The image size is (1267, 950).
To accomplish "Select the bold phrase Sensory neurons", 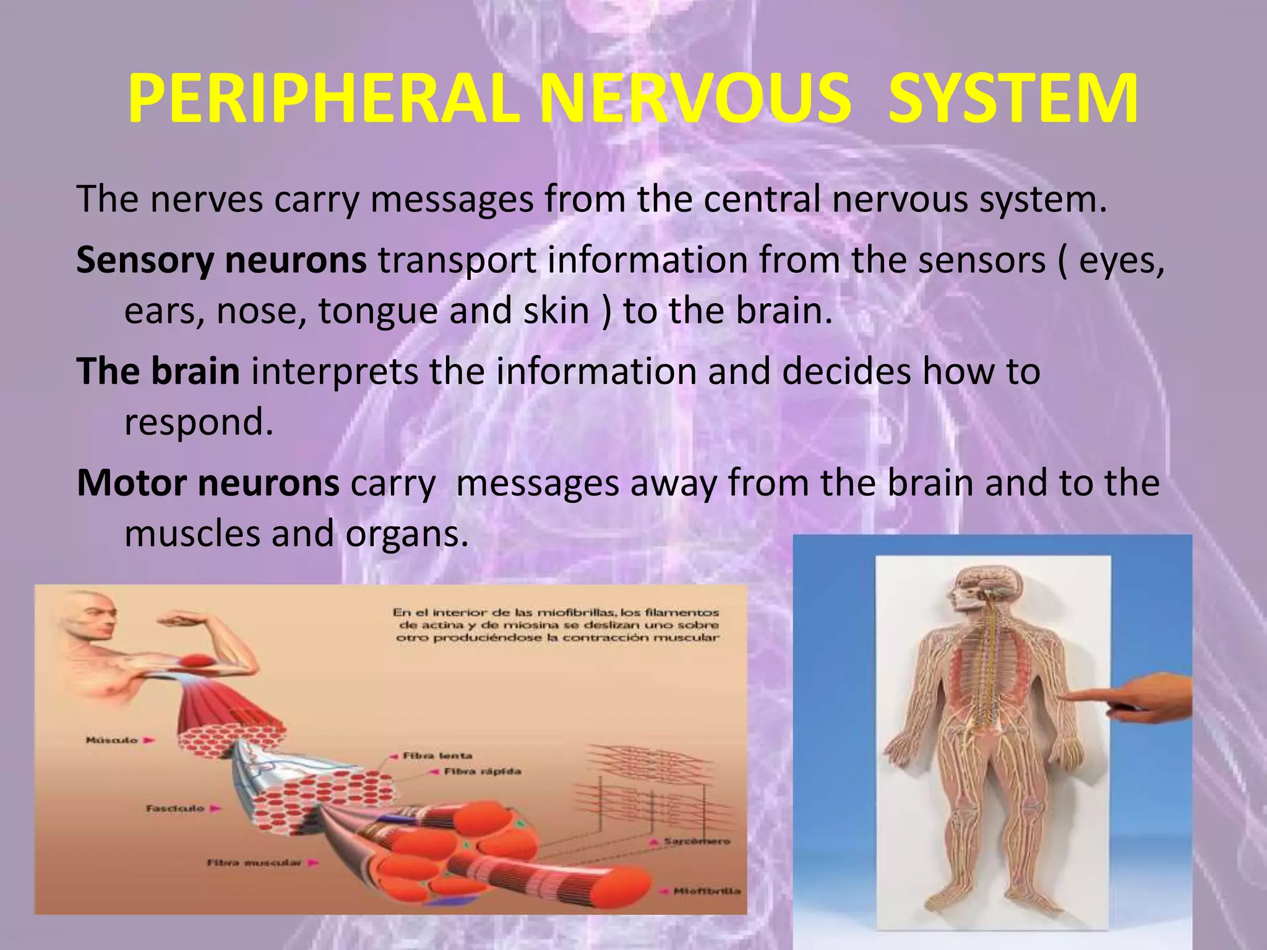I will pyautogui.click(x=221, y=260).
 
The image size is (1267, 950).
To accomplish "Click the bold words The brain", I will pyautogui.click(x=158, y=371).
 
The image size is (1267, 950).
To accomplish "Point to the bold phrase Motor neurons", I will pyautogui.click(x=208, y=483).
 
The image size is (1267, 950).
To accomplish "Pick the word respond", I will pyautogui.click(x=198, y=422).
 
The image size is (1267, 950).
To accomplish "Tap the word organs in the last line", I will pyautogui.click(x=406, y=533).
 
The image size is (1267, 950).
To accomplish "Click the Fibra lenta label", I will pyautogui.click(x=437, y=756).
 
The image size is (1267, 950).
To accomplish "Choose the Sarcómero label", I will pyautogui.click(x=697, y=841).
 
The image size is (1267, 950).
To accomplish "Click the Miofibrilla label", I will pyautogui.click(x=707, y=891).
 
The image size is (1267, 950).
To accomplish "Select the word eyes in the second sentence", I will pyautogui.click(x=1120, y=260).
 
